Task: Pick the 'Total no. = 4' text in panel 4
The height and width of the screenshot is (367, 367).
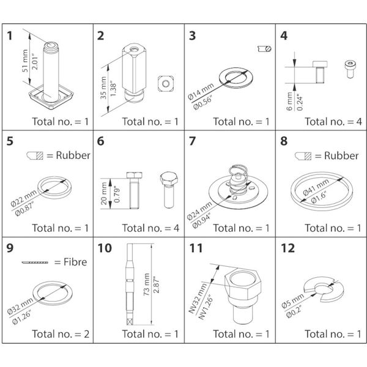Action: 333,121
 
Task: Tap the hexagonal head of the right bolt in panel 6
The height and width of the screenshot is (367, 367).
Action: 169,179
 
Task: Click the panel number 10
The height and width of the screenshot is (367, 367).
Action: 105,249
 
